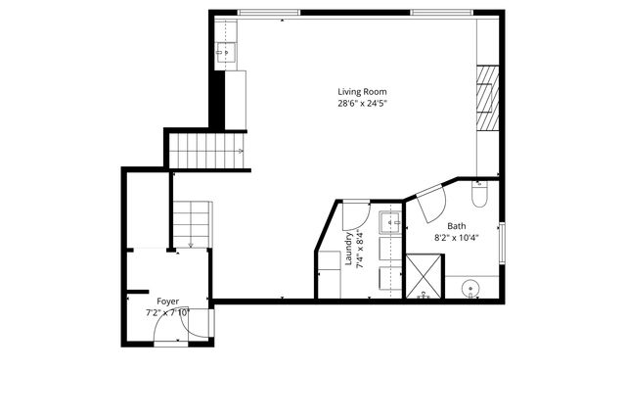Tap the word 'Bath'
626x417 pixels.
(457, 225)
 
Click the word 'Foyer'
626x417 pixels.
(168, 301)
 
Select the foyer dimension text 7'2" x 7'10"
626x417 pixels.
(167, 313)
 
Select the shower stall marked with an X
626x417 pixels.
(425, 276)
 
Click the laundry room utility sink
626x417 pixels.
(389, 221)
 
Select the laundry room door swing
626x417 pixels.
(354, 213)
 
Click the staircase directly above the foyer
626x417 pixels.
(191, 221)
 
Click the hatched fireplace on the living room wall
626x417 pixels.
(487, 96)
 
